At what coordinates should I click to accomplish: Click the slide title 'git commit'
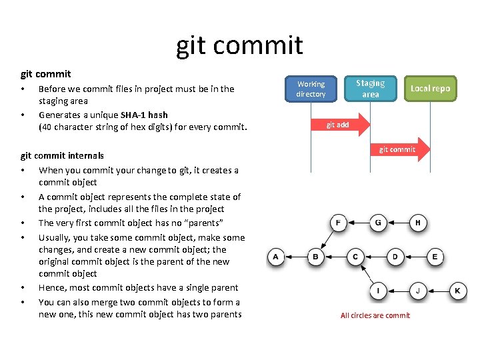pos(239,45)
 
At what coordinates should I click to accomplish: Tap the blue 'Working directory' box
pos(311,89)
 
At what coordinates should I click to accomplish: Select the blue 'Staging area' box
pos(370,89)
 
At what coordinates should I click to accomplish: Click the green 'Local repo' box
pos(430,89)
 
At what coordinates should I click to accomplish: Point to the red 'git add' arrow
pos(338,125)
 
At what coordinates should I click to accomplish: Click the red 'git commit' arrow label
pos(397,149)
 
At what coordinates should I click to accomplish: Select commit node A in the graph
pos(276,257)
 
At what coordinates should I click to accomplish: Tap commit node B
pos(315,257)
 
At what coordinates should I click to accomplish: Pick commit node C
pos(355,257)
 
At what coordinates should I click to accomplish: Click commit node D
pos(395,257)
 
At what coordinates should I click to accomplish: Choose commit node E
pos(435,257)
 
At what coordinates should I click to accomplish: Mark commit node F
pos(339,223)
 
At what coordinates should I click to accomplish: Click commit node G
pos(378,223)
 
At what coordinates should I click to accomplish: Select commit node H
pos(418,223)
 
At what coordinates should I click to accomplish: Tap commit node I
pos(378,291)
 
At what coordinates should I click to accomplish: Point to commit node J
pos(418,291)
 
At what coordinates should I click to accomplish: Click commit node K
pos(457,291)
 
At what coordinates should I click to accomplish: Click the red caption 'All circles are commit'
pos(375,315)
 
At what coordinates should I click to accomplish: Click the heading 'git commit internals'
pos(62,155)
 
